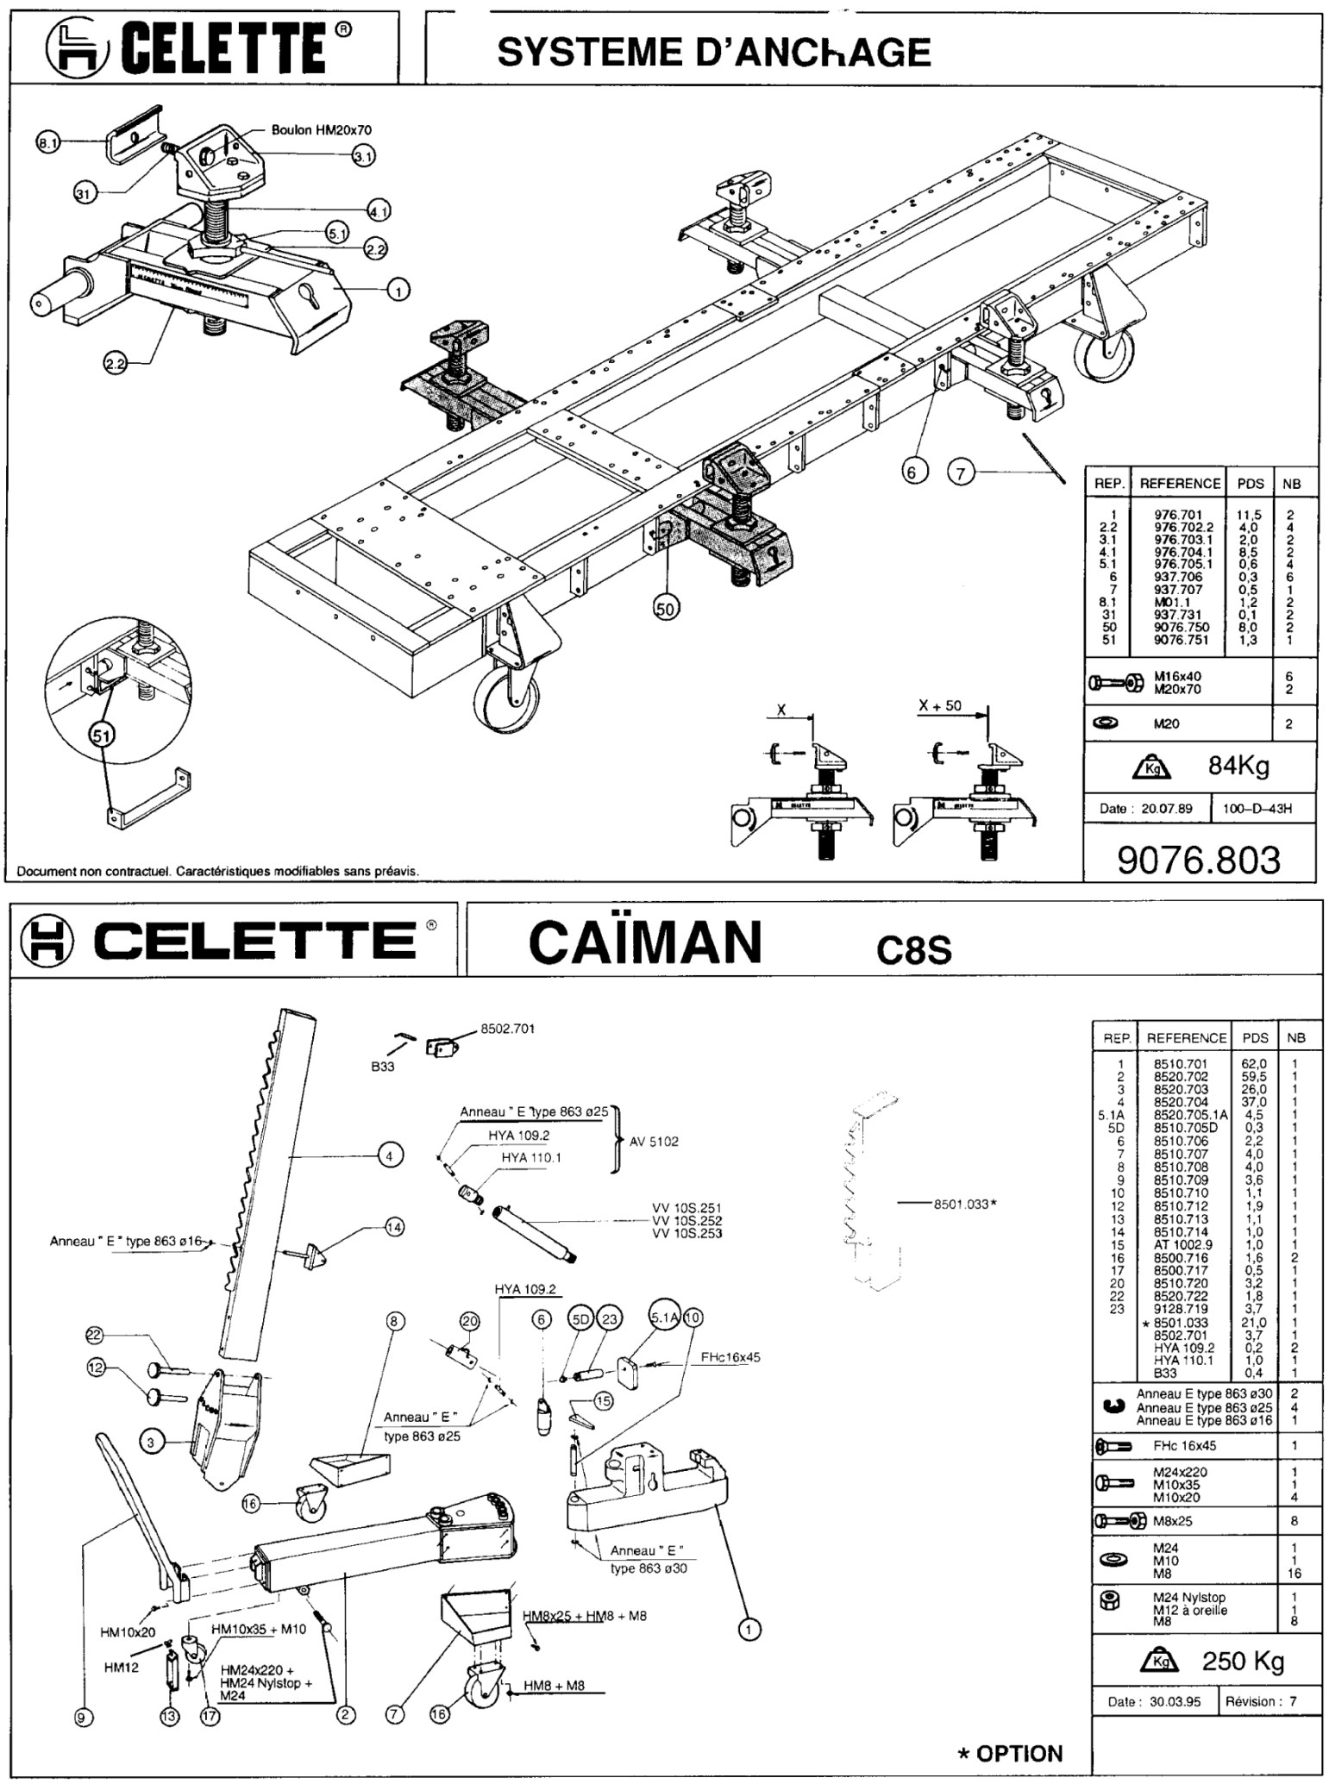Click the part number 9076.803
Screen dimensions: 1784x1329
(1199, 860)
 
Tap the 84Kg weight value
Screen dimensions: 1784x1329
(1238, 765)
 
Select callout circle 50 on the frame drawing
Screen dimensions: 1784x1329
(666, 608)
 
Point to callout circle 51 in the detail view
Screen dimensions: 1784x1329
(102, 734)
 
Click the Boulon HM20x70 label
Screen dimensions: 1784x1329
(321, 130)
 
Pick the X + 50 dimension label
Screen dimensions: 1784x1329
(940, 705)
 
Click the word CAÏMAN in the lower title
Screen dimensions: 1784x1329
(645, 942)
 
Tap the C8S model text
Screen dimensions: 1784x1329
(914, 949)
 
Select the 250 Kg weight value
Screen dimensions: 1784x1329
(1243, 1661)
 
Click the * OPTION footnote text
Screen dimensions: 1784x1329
(1011, 1753)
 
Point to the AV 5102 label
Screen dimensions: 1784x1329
(654, 1142)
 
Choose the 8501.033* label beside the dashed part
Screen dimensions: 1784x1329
(965, 1204)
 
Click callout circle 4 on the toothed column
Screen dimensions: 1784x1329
(391, 1155)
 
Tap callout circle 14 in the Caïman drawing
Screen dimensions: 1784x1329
(394, 1227)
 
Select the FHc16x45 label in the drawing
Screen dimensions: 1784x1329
(730, 1356)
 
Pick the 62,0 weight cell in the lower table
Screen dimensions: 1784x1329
(1254, 1064)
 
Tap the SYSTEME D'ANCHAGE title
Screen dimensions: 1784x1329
(714, 53)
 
